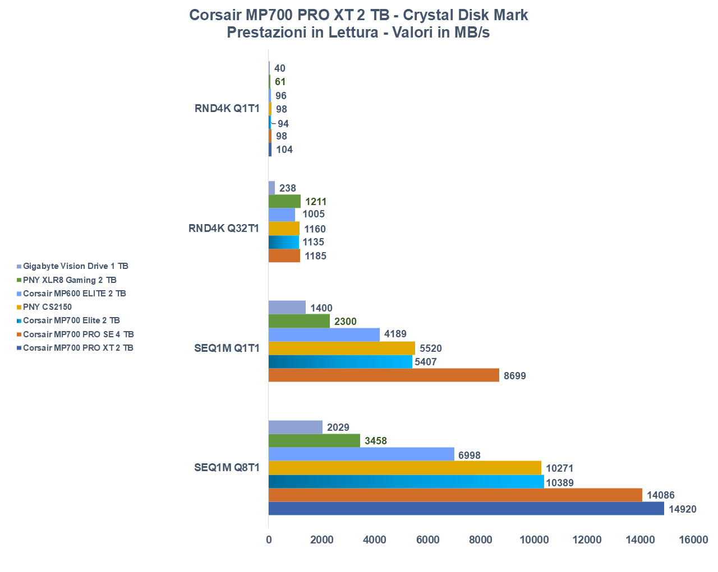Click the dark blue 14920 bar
point(466,509)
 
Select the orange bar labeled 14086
point(455,495)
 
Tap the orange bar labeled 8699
point(384,375)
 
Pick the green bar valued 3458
point(314,441)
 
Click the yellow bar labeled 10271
point(404,468)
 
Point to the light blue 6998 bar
point(361,454)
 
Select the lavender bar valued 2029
point(295,427)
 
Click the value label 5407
point(426,362)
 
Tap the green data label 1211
point(316,202)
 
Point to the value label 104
point(284,150)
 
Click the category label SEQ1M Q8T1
point(227,467)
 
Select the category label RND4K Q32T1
point(224,228)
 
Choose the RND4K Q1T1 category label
point(227,109)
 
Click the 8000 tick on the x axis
point(481,540)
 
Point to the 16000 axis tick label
point(693,540)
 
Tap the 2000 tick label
point(322,540)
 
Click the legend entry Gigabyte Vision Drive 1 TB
point(75,266)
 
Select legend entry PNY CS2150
point(47,307)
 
